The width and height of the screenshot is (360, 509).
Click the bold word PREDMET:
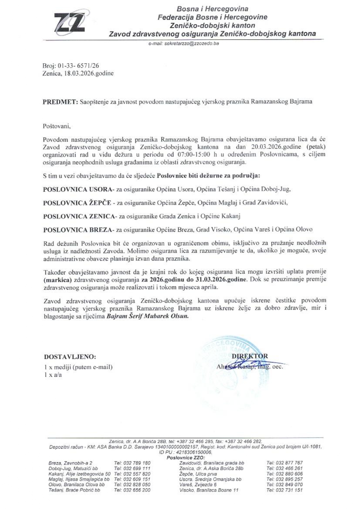pyautogui.click(x=60, y=102)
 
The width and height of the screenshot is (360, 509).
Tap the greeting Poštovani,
pyautogui.click(x=57, y=127)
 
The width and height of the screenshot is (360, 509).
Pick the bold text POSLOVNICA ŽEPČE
pyautogui.click(x=77, y=203)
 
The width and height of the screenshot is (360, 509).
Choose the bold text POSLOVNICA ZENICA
pyautogui.click(x=79, y=216)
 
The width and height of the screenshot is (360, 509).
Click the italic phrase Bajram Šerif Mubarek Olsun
pyautogui.click(x=147, y=316)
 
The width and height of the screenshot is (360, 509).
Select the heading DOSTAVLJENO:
pyautogui.click(x=70, y=356)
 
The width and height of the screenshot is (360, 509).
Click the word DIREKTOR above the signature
pyautogui.click(x=250, y=356)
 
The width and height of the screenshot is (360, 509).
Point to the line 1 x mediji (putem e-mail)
pyautogui.click(x=78, y=367)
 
